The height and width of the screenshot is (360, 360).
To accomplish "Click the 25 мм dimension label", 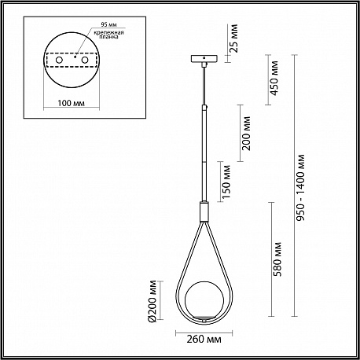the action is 235,39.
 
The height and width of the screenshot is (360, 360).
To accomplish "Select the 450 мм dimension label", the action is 274,78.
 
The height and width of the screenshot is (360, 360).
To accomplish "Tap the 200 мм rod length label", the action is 246,133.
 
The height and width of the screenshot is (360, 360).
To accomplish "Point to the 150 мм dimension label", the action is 226,182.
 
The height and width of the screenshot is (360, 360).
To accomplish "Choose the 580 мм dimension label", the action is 277,259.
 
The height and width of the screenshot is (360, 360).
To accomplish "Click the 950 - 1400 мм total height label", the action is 301,188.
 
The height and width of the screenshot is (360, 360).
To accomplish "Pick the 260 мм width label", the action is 204,339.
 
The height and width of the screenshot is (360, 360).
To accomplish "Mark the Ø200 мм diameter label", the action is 152,301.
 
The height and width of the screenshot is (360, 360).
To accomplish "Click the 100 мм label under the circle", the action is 72,103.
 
